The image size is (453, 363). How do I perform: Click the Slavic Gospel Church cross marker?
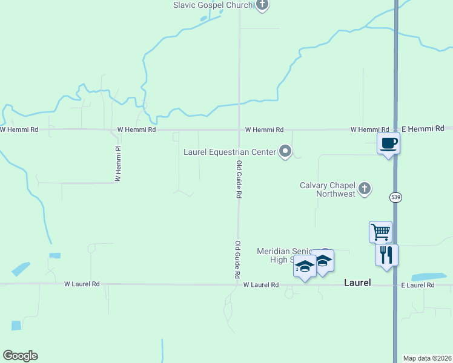pos(262,5)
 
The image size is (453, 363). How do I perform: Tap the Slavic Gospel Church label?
pos(212,5)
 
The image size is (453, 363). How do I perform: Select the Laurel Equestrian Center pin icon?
pos(285,151)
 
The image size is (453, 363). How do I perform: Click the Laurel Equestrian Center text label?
pos(230,152)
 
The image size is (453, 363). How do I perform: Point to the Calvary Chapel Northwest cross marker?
pos(365,189)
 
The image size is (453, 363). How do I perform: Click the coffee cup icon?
pos(388,143)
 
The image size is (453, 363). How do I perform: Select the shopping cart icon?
pos(380,231)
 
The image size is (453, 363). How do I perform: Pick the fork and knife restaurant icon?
pos(386,255)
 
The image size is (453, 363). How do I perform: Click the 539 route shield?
pos(395,197)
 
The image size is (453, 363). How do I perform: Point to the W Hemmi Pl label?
pos(119,164)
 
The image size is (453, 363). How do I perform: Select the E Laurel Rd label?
pos(418,285)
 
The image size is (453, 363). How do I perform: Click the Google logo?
pos(20,356)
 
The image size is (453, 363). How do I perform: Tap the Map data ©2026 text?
pos(428,358)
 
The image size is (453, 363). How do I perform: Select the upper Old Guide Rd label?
pos(239,180)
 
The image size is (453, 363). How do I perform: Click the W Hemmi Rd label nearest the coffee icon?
pos(369,129)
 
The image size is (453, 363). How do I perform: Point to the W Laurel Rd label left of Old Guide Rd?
pos(82,283)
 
